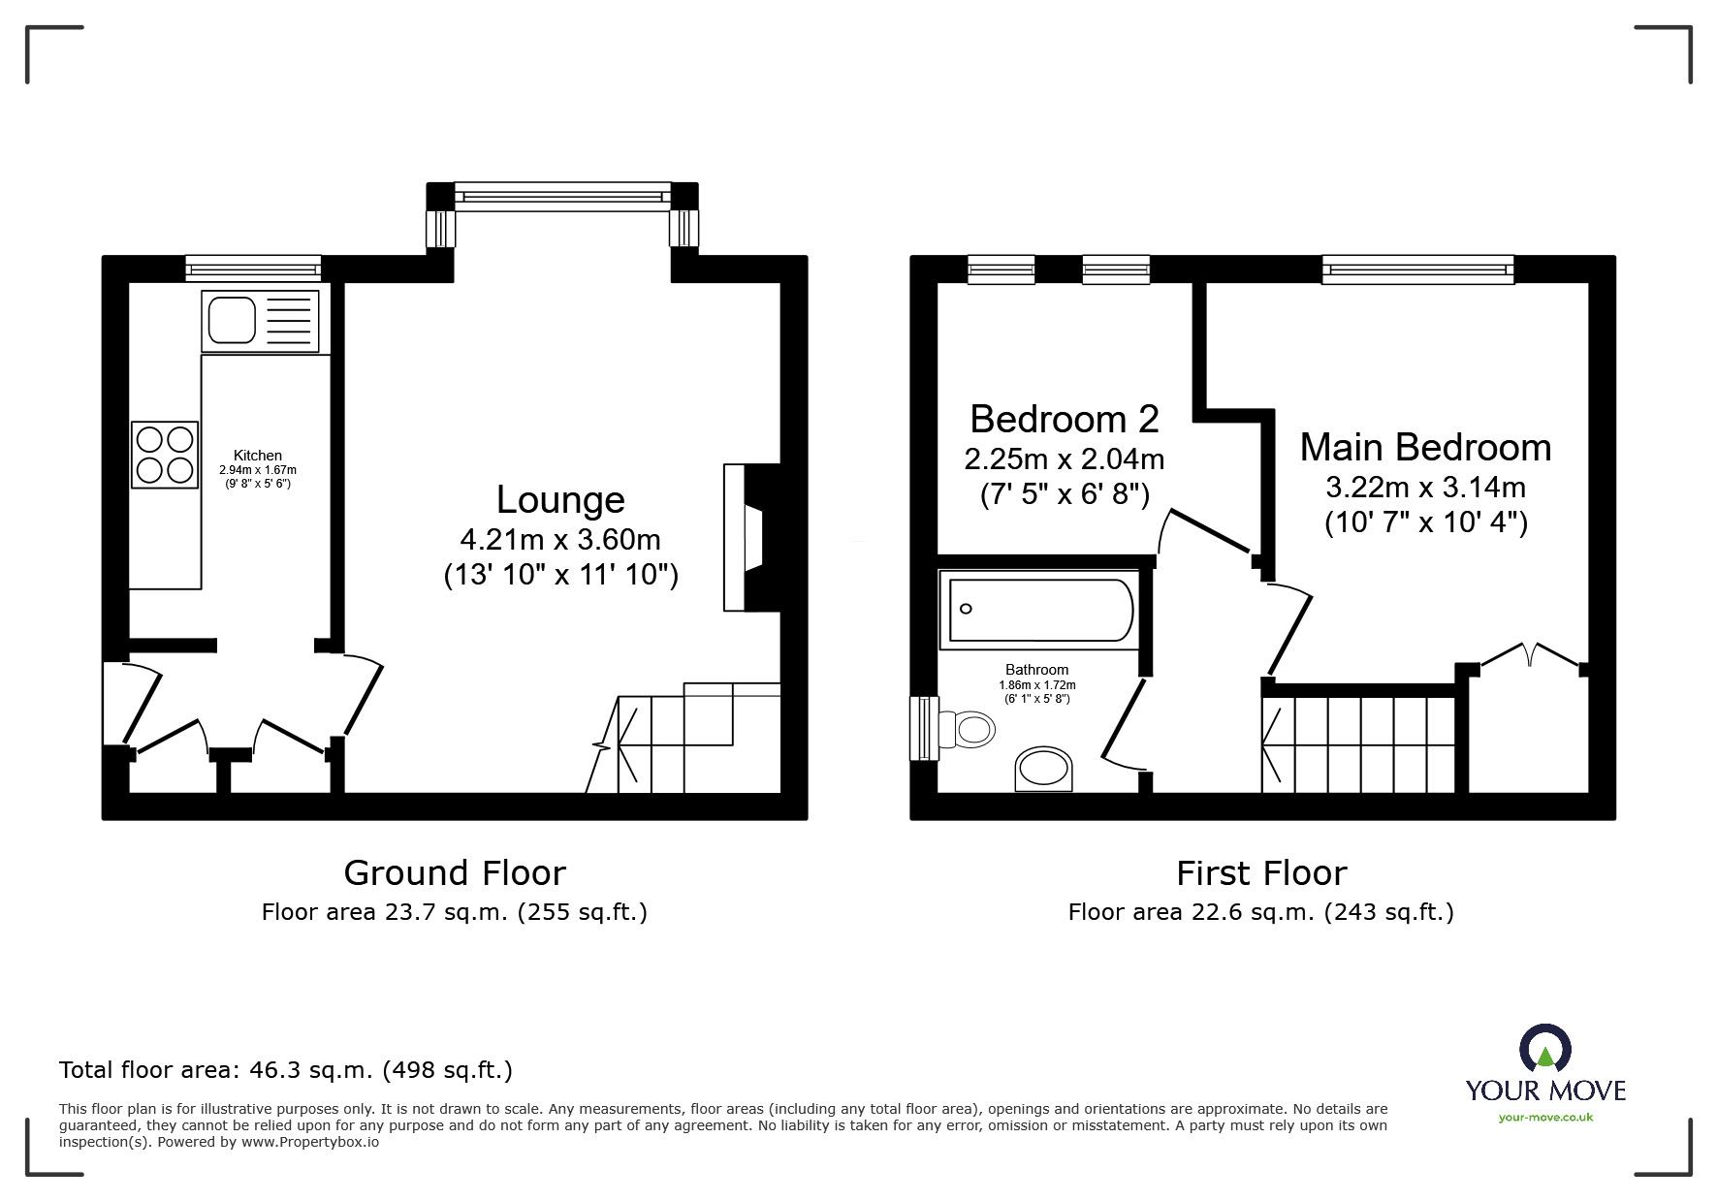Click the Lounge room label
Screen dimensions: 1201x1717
tap(560, 500)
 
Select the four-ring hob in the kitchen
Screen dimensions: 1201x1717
tap(165, 455)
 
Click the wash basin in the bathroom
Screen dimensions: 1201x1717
tap(1043, 771)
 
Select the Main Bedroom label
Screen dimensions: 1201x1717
tap(1425, 448)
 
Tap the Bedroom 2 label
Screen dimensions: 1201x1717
tap(1064, 420)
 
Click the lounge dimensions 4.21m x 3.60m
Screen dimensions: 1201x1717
tap(560, 539)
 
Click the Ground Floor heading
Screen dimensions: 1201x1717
tap(455, 873)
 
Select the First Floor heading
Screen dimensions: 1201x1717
tap(1261, 873)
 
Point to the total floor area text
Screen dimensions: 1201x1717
tap(286, 1070)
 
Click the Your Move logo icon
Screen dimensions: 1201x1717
tap(1544, 1049)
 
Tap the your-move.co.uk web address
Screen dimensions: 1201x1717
tap(1545, 1118)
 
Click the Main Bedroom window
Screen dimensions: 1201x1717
tap(1417, 269)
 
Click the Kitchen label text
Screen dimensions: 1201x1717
tap(258, 456)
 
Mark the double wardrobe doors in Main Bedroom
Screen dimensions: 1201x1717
tap(1530, 654)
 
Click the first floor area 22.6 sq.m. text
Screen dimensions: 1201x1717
tap(1260, 912)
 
